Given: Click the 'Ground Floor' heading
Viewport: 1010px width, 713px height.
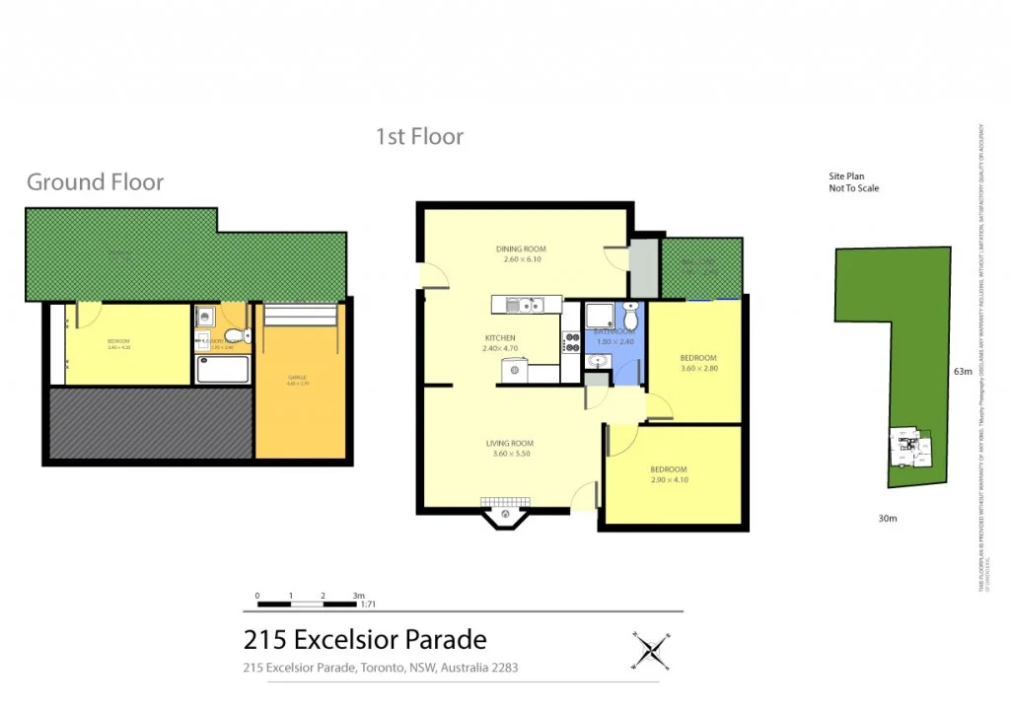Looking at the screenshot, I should [x=95, y=182].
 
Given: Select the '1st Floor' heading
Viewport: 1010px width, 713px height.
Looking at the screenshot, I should [x=419, y=137].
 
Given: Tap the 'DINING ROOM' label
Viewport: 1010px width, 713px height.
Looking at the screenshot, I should [x=521, y=250].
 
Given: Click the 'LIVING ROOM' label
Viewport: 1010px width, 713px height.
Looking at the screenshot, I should [x=509, y=444].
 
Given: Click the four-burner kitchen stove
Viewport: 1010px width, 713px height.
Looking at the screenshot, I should [x=572, y=342].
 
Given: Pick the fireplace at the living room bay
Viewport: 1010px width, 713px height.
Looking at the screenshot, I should [x=506, y=513].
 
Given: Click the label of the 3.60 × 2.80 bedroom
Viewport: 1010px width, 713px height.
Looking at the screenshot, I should [x=698, y=358].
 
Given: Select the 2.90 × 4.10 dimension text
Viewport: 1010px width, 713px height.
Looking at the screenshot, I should [x=669, y=480].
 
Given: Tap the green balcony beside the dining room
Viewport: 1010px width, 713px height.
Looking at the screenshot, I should [x=701, y=267].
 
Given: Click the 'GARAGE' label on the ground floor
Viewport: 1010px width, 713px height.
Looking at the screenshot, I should [x=297, y=378].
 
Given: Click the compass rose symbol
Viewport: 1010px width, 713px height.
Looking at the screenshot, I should [x=650, y=650].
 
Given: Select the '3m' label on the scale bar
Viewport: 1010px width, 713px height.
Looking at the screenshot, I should [x=359, y=596].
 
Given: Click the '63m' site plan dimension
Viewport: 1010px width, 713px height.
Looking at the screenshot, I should [x=963, y=372].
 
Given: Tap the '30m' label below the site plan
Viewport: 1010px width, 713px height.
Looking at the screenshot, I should [x=888, y=518].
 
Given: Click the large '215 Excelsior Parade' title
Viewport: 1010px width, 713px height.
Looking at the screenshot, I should [x=365, y=639].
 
